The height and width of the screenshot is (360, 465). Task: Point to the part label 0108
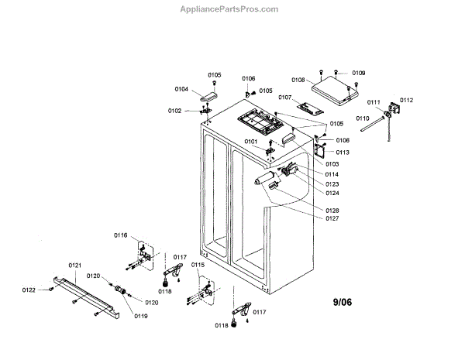(298, 80)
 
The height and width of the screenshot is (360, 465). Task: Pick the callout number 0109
(358, 73)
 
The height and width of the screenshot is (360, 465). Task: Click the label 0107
(284, 98)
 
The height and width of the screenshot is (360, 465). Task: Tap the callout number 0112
(406, 100)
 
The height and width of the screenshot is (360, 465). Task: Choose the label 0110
(363, 118)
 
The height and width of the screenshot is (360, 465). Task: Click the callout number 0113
(343, 153)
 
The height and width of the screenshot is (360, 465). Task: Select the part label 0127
(332, 218)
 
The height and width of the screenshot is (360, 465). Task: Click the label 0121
(75, 266)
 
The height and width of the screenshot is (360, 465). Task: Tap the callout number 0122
(29, 290)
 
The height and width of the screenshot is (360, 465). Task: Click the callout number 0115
(198, 265)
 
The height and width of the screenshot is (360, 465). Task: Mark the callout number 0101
(250, 142)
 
